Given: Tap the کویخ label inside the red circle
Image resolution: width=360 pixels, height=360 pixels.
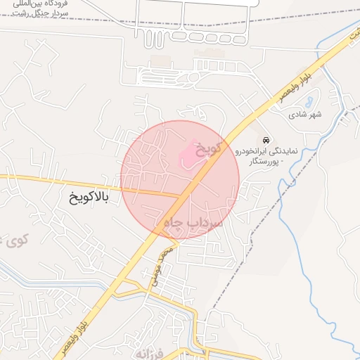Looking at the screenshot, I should (x=209, y=148).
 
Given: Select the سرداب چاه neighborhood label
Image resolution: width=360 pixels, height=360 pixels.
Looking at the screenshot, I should (x=192, y=221).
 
